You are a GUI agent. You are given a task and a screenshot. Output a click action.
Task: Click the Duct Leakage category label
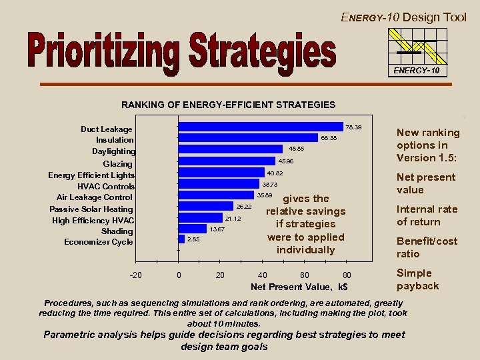click(x=107, y=129)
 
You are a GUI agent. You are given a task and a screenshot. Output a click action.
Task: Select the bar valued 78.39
click(x=260, y=127)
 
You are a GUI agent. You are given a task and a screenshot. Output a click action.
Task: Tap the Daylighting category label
click(x=113, y=151)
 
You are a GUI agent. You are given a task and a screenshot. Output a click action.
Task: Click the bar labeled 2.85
click(x=181, y=238)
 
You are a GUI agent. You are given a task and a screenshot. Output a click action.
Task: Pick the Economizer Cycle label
click(x=99, y=242)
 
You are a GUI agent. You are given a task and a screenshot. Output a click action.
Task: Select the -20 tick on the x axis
click(x=135, y=275)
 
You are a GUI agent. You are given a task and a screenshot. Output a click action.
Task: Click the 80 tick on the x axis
click(x=347, y=275)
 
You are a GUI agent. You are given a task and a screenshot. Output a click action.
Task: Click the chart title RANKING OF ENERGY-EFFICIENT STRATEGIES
click(x=228, y=105)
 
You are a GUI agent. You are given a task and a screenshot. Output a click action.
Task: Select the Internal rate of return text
click(x=427, y=215)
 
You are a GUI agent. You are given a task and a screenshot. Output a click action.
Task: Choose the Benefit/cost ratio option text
click(x=427, y=247)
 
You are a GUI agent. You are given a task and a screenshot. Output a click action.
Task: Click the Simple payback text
click(x=417, y=279)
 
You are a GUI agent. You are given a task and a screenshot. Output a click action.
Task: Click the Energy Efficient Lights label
click(x=91, y=175)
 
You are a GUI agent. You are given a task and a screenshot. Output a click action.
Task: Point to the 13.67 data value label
click(x=217, y=229)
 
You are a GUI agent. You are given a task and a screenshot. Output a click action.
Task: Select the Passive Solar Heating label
click(x=91, y=209)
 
